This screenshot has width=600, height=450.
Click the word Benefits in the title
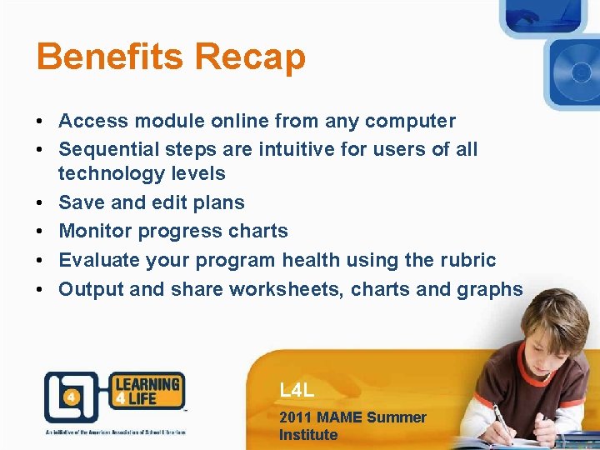pos(111,57)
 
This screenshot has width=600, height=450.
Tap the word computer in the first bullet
pos(408,122)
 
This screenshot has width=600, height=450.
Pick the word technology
pos(106,174)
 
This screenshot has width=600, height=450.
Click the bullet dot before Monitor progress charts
pos(40,232)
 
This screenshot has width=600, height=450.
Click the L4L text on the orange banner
pos(297,390)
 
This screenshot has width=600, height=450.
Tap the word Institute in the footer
pos(308,435)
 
